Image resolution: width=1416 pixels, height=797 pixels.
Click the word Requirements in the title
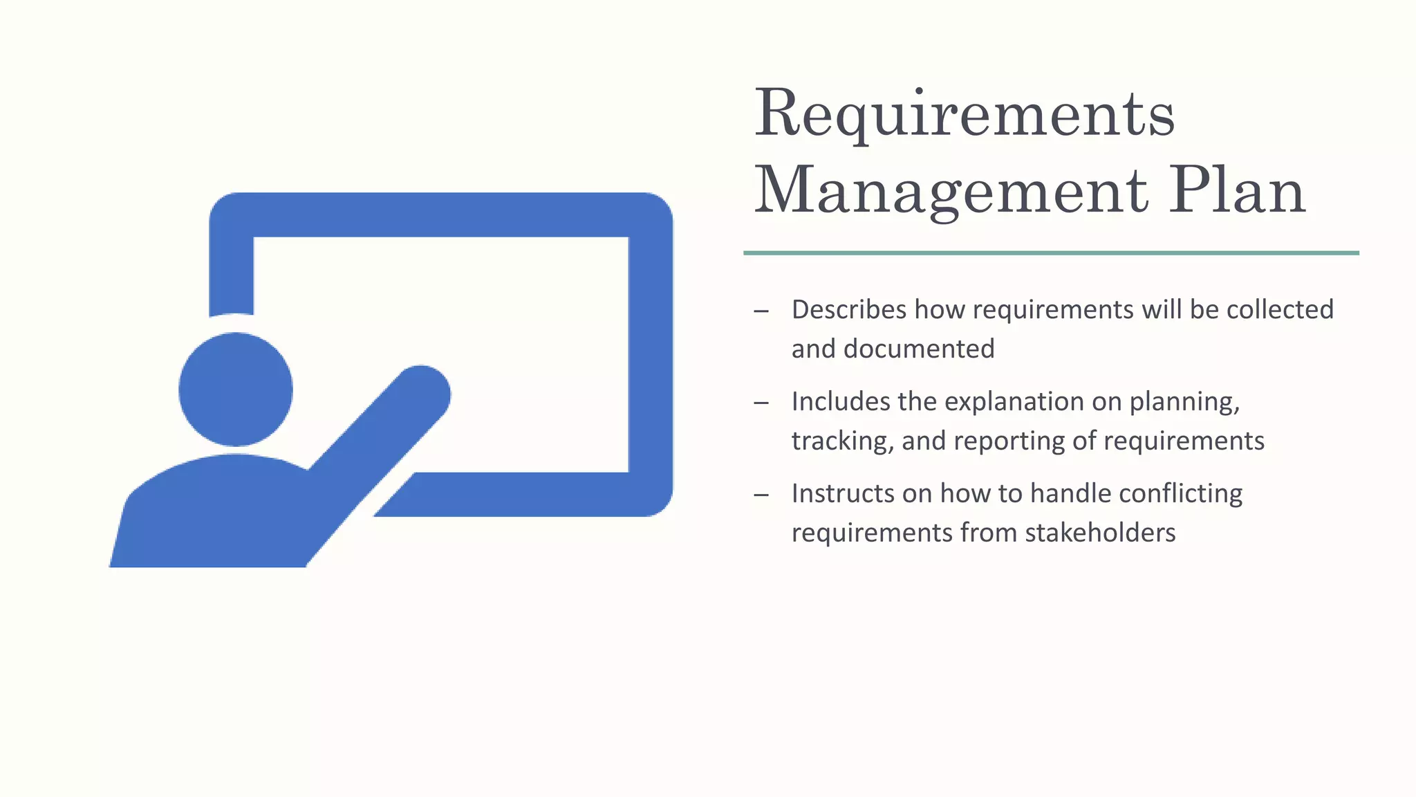pos(964,114)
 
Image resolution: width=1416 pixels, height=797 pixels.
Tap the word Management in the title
pos(951,192)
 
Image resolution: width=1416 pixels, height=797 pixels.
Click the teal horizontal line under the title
pos(1051,253)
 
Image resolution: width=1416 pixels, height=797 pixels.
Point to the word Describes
pos(848,310)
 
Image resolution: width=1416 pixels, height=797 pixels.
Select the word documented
pos(919,349)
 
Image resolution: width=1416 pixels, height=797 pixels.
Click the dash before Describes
pos(761,311)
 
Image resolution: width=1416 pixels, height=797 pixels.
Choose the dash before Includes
pos(761,403)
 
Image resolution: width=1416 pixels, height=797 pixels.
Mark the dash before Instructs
pos(761,495)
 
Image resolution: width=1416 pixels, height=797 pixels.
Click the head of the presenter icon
pos(236,390)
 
